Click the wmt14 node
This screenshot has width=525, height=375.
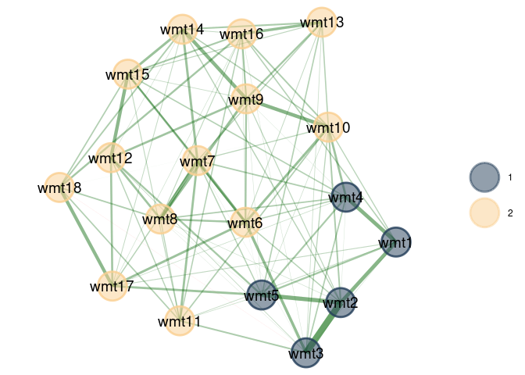coord(182,29)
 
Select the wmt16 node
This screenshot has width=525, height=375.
coord(241,34)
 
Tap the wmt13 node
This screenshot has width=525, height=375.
coord(322,22)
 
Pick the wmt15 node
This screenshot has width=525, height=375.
coord(127,74)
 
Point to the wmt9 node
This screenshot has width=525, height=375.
coord(246,99)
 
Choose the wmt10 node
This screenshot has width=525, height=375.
coord(328,127)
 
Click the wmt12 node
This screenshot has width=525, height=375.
coord(111,158)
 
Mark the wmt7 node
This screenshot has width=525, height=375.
coord(198,161)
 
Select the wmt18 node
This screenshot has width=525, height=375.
coord(59,187)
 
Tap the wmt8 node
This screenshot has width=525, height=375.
coord(160,219)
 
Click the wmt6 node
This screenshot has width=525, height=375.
coord(245,223)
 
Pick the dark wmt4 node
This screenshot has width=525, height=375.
coord(346,197)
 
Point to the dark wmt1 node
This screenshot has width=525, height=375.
coord(396,242)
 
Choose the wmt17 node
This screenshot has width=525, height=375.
coord(112,286)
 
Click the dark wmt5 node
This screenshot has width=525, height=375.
coord(262,295)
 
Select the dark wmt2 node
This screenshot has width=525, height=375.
coord(341,302)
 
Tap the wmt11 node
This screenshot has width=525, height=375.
coord(180,321)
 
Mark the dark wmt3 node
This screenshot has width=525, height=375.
coord(305,353)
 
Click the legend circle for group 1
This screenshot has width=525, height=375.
coord(484,177)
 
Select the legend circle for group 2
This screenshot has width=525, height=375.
coord(484,212)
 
